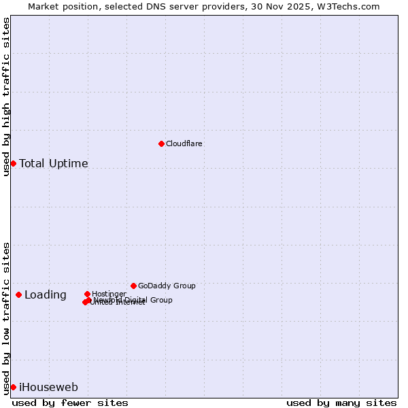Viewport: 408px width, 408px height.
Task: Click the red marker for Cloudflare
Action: coord(161,143)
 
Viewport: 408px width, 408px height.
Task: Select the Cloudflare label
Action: coord(184,144)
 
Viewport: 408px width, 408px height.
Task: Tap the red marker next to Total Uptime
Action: coord(13,163)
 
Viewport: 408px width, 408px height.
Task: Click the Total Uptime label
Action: coord(54,164)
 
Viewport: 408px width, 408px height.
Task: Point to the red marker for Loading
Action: coord(18,294)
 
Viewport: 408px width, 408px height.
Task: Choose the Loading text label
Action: coord(46,295)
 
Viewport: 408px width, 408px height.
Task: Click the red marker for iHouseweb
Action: coord(13,387)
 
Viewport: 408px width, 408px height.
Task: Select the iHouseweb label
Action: coord(48,388)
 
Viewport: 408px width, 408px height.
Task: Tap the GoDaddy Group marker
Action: coord(133,286)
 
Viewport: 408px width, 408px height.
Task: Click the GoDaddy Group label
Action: coord(167,286)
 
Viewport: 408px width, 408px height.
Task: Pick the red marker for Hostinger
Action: coord(87,294)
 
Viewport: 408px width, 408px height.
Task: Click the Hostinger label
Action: coord(109,294)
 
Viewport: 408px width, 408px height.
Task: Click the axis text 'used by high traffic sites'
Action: coord(7,97)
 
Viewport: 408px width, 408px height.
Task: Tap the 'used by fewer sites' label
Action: coord(70,403)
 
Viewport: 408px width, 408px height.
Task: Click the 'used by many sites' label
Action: coord(341,403)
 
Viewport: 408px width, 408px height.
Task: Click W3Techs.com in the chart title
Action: coord(352,6)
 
